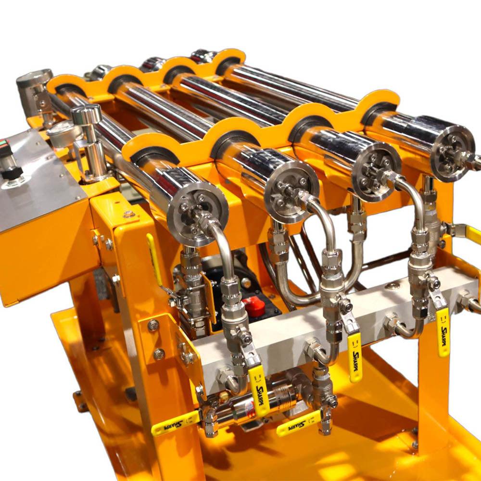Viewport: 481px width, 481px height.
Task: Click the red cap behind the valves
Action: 254,307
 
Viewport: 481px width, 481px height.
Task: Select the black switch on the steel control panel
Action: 11,172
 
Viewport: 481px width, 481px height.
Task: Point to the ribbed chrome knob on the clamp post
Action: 86,114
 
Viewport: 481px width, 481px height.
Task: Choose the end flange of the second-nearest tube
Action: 291,192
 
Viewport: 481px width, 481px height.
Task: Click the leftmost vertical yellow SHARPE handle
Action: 260,392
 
